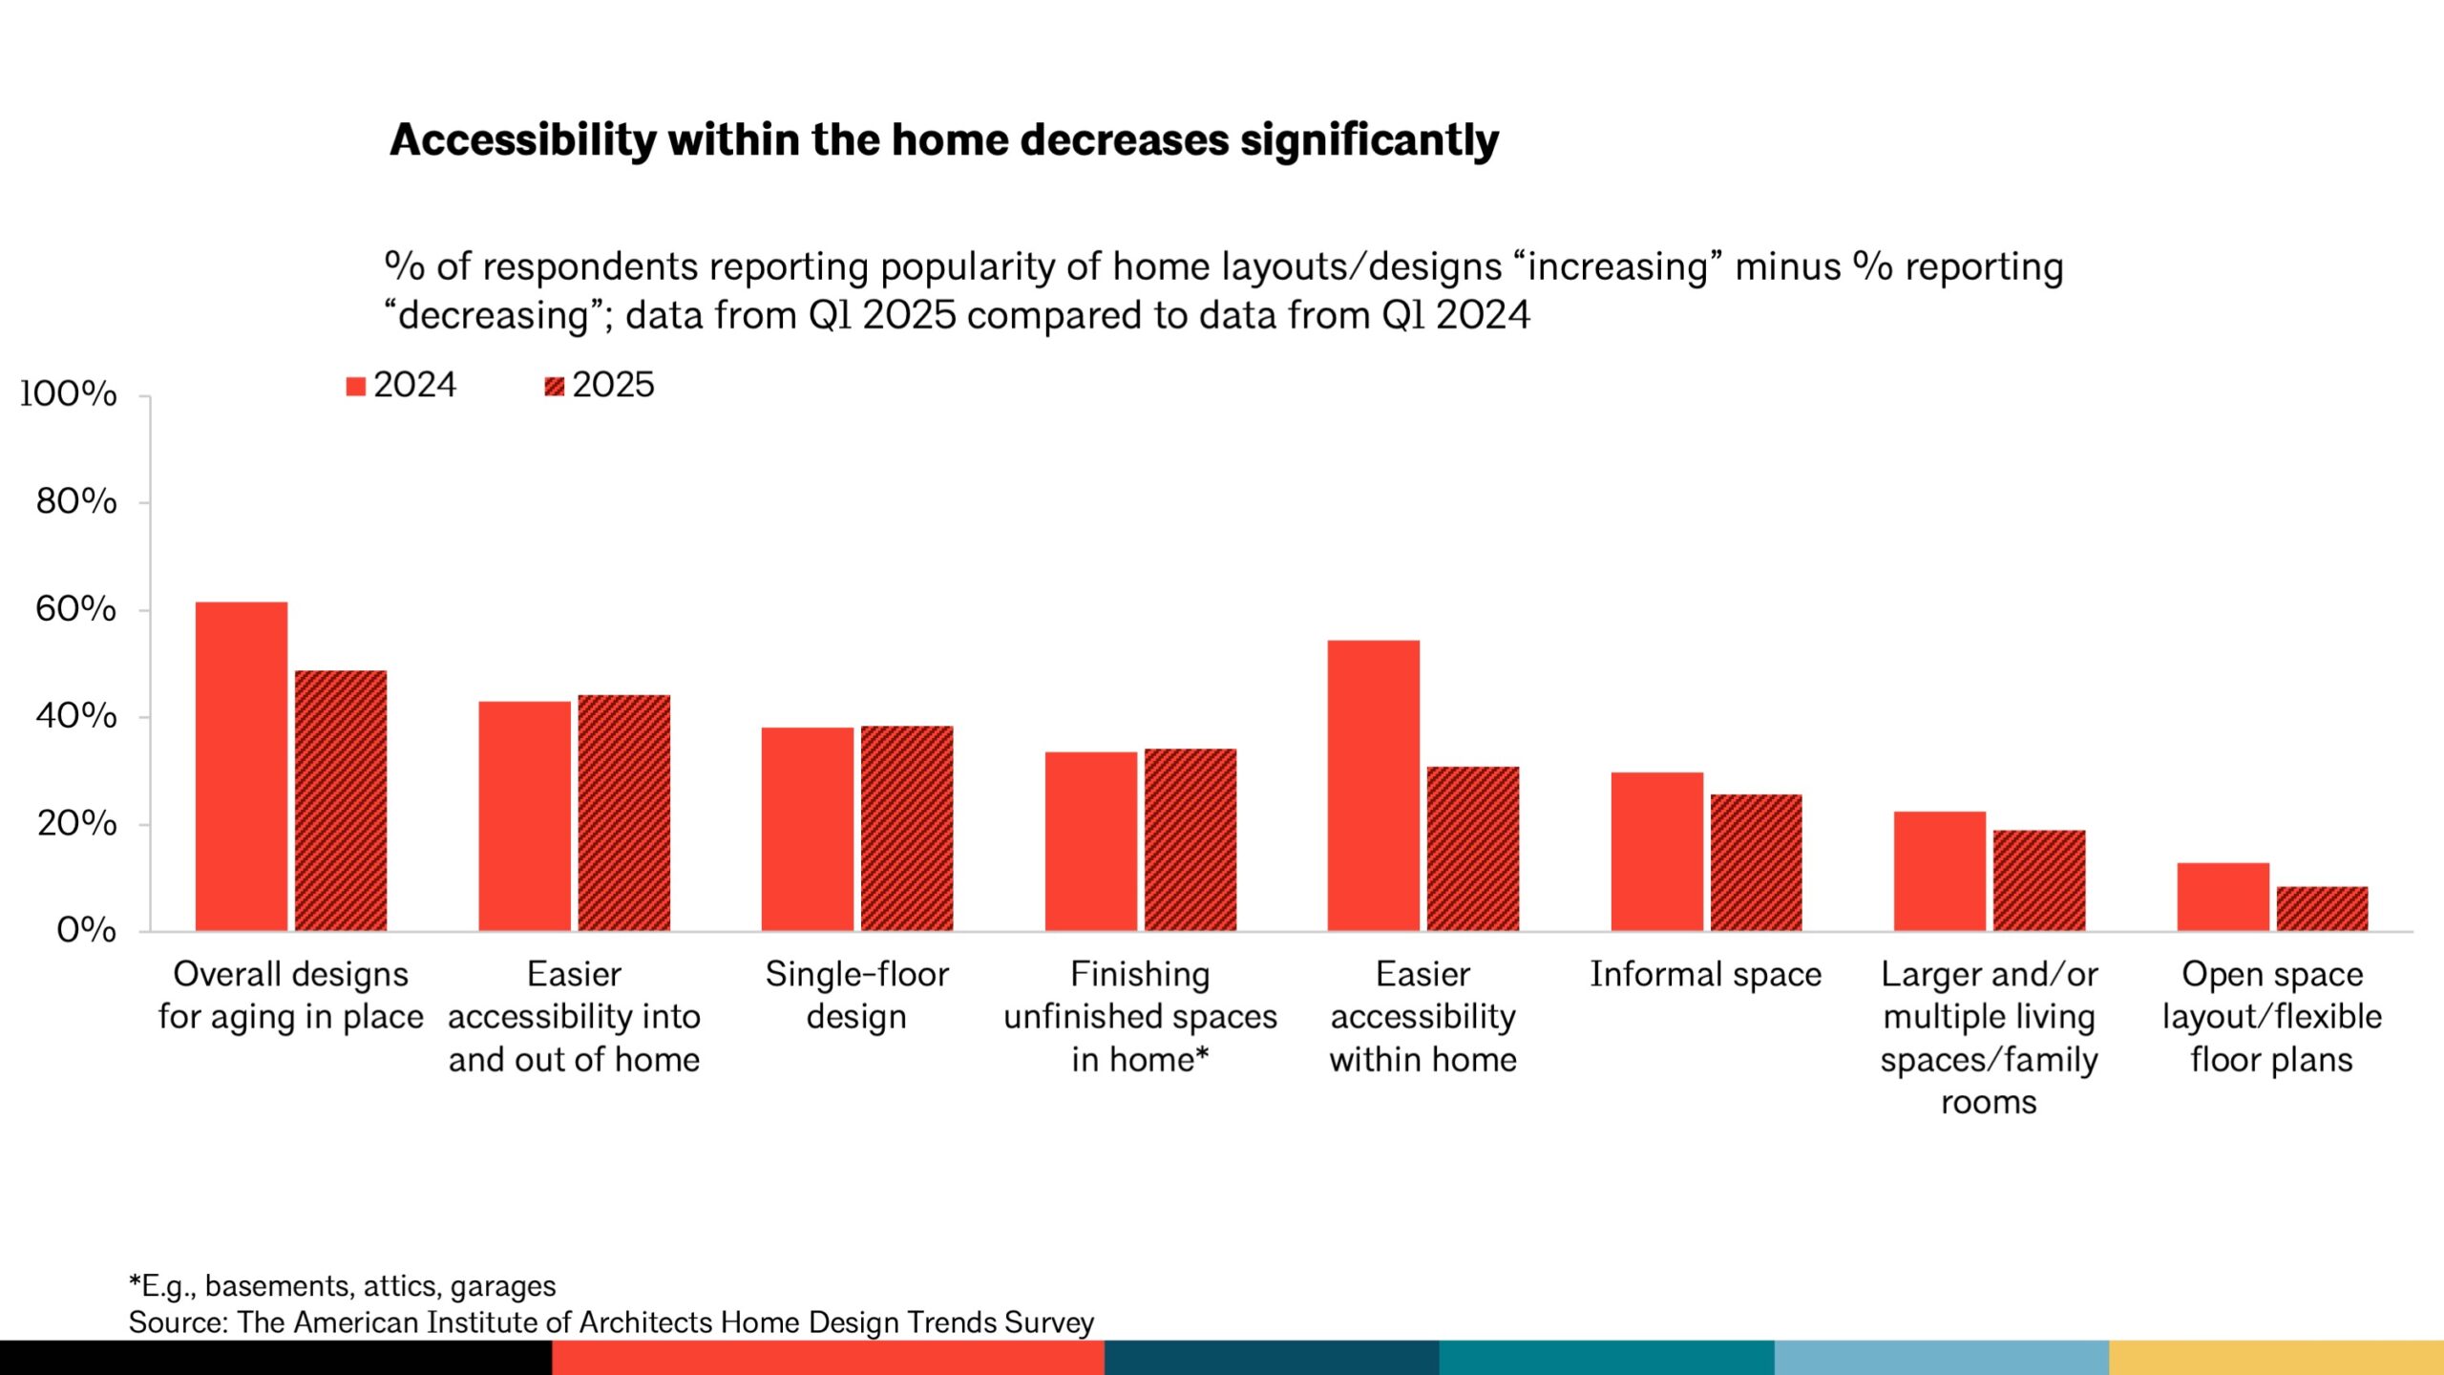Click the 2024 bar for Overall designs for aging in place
(x=241, y=766)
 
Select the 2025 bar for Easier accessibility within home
(x=1472, y=848)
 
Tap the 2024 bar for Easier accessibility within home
(x=1373, y=785)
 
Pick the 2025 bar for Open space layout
(x=2322, y=908)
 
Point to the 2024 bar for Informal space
(x=1656, y=851)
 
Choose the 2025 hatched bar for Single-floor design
(x=906, y=828)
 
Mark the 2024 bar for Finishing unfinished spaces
(x=1090, y=841)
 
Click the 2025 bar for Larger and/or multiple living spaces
(x=2038, y=880)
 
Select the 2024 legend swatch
(x=355, y=386)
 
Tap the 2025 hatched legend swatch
(x=554, y=386)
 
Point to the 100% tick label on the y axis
(x=69, y=393)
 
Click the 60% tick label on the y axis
(x=76, y=608)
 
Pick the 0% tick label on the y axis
(x=86, y=929)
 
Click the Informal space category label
(x=1705, y=974)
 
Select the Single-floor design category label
(x=856, y=995)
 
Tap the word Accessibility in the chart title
(x=523, y=140)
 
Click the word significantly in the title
(x=1369, y=140)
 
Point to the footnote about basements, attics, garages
(x=342, y=1286)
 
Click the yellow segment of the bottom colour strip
(x=2276, y=1357)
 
